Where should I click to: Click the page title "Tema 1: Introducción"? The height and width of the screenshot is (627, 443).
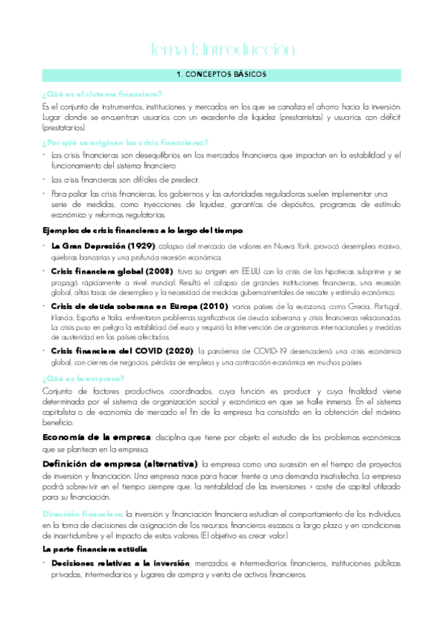(221, 50)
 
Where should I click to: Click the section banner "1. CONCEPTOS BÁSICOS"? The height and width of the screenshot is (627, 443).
(221, 75)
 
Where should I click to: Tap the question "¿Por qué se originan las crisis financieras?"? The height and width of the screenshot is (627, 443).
(125, 142)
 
